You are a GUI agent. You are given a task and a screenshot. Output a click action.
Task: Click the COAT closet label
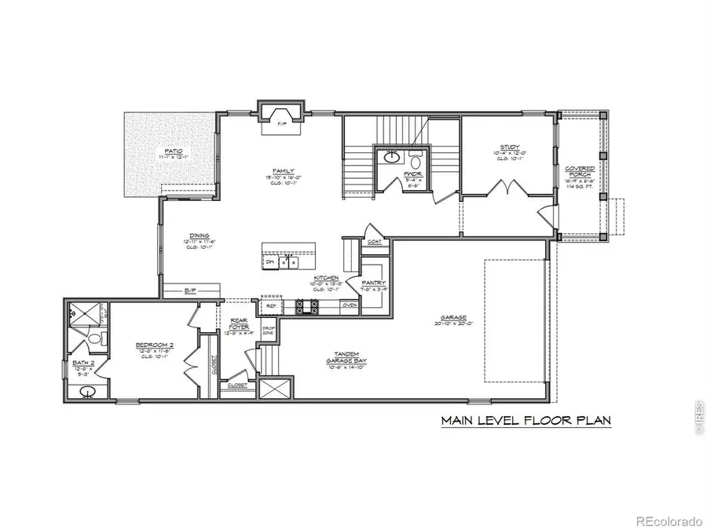pos(373,243)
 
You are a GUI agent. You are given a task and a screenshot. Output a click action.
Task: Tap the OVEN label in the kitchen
pos(350,305)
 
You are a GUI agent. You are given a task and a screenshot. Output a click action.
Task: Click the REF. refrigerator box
pos(271,305)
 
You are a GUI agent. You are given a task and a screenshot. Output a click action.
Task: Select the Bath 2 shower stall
pos(85,313)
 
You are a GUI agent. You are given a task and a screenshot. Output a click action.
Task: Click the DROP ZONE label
pos(267,330)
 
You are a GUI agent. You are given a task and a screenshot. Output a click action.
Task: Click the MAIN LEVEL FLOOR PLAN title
pos(525,420)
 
